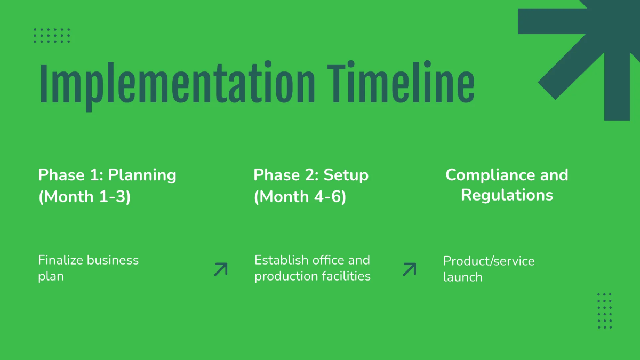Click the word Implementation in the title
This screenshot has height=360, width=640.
pos(177,84)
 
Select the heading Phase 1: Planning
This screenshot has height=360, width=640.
pos(107,175)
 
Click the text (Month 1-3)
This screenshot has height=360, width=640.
pos(85,197)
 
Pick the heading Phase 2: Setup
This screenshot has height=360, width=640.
pos(311,175)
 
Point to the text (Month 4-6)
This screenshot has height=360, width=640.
pos(300,197)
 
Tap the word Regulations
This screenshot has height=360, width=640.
pos(507,195)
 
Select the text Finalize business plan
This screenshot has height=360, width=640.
pos(88,268)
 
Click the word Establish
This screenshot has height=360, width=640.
pos(281,260)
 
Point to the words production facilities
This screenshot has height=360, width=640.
pos(312,276)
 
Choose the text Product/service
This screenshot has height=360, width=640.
pos(489,261)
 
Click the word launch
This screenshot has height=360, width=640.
pos(462,277)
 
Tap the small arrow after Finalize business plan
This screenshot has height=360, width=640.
pos(220,269)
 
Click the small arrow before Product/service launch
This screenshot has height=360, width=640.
pos(409,269)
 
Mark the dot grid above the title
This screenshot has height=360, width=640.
pos(52,35)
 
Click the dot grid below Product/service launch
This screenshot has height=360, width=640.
pos(604,310)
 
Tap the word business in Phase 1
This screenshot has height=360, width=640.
pos(113,260)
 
